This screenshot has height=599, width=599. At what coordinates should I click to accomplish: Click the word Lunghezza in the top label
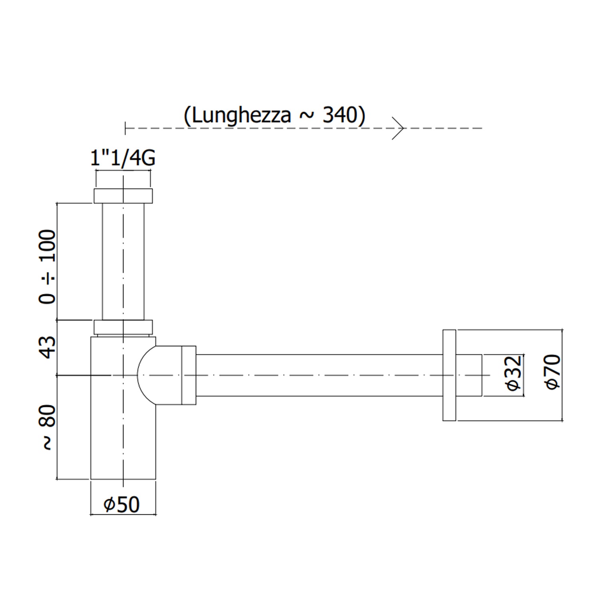(242, 116)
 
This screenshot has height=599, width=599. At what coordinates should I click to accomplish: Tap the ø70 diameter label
(553, 371)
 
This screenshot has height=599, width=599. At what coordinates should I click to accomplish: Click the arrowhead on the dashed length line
(399, 128)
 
